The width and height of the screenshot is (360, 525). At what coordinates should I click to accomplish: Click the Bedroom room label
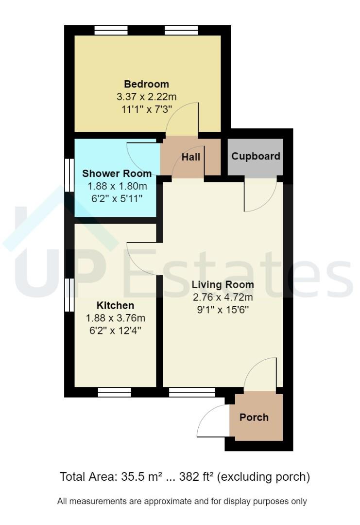(146, 84)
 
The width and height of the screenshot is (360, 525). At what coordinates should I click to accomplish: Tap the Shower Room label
(117, 174)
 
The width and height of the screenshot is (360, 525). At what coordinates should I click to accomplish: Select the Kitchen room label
(115, 306)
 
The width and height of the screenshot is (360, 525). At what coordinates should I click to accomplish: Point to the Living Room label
(223, 284)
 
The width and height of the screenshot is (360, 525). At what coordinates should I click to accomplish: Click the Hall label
(191, 157)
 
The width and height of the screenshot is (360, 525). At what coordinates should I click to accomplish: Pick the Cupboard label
(256, 156)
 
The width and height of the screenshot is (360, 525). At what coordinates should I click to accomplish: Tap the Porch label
(254, 417)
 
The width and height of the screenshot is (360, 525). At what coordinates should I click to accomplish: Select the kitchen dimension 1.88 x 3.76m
(116, 318)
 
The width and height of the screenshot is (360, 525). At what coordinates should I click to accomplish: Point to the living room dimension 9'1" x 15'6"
(223, 310)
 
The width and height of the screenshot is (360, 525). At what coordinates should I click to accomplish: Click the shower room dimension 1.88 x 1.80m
(117, 186)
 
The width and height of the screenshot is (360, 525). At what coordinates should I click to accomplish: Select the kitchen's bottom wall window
(115, 392)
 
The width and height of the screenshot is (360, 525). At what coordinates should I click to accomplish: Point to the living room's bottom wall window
(192, 392)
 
